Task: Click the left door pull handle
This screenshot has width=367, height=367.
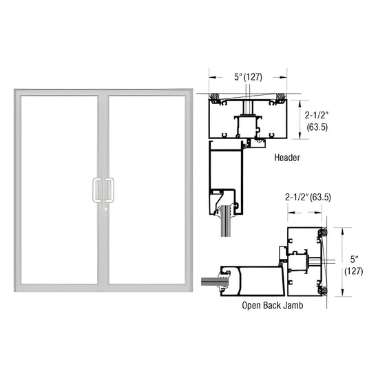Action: [95, 189]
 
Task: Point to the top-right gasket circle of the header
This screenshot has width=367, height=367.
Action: [280, 96]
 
